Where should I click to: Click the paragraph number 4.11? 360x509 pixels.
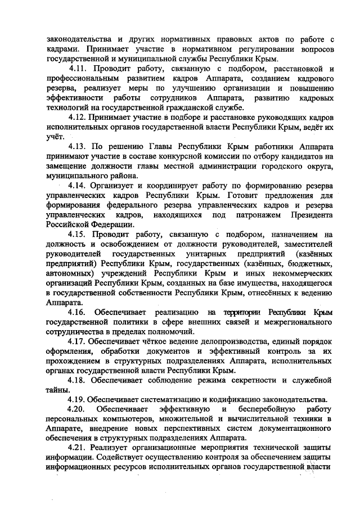point(79,69)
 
